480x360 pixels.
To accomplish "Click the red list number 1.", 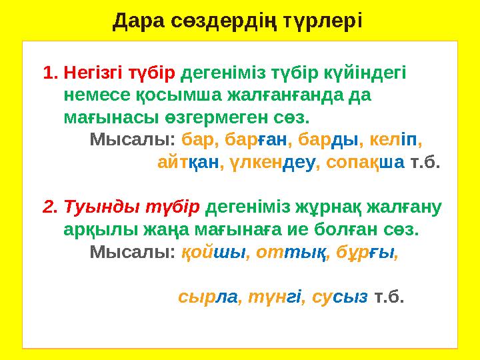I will coord(51,72).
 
